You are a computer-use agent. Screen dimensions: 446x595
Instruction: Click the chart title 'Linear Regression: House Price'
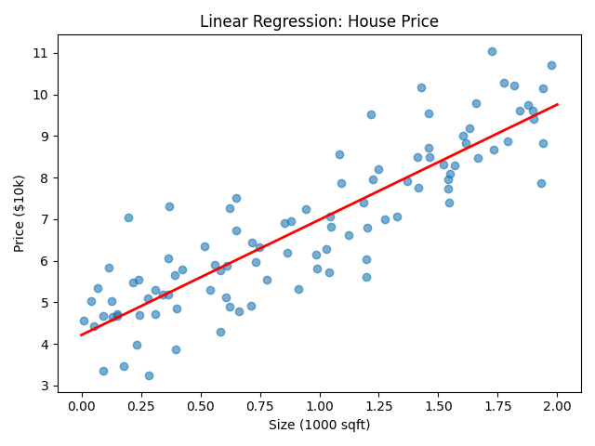pyautogui.click(x=320, y=21)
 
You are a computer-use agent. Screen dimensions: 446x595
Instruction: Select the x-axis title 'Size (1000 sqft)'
pyautogui.click(x=320, y=425)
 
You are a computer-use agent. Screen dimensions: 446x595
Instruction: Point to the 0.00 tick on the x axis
pyautogui.click(x=82, y=405)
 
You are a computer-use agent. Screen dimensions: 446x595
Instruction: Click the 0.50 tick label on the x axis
pyautogui.click(x=201, y=405)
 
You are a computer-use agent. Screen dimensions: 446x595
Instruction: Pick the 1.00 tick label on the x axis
pyautogui.click(x=320, y=405)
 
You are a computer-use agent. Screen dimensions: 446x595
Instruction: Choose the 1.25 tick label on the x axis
pyautogui.click(x=379, y=405)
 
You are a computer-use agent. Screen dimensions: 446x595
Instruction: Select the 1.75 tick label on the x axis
pyautogui.click(x=498, y=405)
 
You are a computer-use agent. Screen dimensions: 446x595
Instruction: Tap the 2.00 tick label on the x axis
pyautogui.click(x=558, y=405)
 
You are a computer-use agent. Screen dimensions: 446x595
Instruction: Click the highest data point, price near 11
pyautogui.click(x=492, y=51)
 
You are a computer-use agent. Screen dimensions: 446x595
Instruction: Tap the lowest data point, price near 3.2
pyautogui.click(x=149, y=375)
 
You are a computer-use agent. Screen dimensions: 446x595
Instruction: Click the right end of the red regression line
pyautogui.click(x=558, y=104)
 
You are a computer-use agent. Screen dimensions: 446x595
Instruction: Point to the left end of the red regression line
pyautogui.click(x=82, y=334)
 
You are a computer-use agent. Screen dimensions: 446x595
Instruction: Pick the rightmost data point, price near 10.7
pyautogui.click(x=551, y=65)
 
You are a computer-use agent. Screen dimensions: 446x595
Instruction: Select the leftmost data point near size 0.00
pyautogui.click(x=84, y=321)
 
